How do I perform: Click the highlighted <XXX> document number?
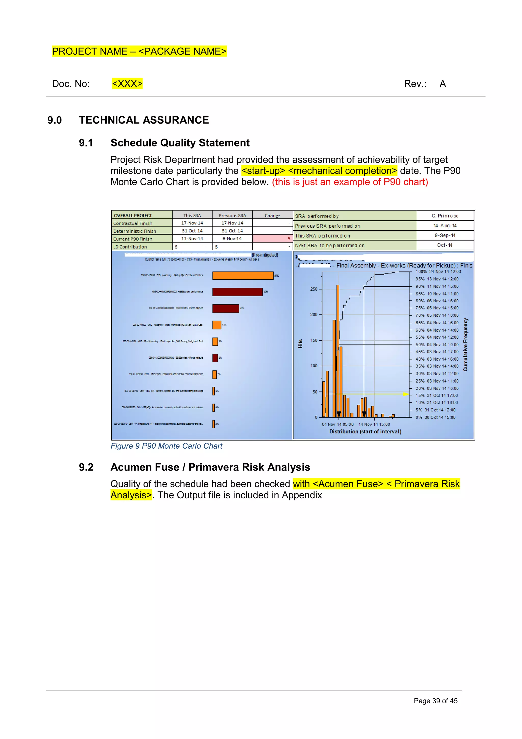point(127,84)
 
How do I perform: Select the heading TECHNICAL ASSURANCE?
point(144,120)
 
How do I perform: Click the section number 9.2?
point(86,467)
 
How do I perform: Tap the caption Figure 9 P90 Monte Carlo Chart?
point(166,446)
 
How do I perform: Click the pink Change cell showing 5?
point(272,239)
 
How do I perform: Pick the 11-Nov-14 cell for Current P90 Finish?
point(192,239)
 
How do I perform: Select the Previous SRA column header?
point(232,215)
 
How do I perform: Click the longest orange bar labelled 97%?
point(243,276)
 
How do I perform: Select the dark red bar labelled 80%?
point(237,292)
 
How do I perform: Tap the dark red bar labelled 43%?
point(226,308)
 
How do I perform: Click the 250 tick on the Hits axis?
point(314,289)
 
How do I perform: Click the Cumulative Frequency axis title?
point(465,344)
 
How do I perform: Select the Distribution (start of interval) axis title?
point(365,431)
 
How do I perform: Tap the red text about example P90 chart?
point(350,182)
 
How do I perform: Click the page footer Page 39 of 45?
point(436,701)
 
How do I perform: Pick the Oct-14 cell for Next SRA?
point(445,245)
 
